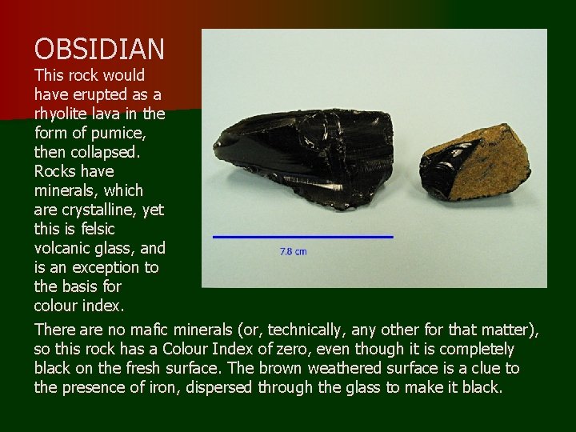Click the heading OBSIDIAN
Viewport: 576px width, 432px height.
click(99, 50)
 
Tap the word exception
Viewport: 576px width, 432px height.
click(87, 267)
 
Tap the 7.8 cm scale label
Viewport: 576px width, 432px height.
click(293, 251)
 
